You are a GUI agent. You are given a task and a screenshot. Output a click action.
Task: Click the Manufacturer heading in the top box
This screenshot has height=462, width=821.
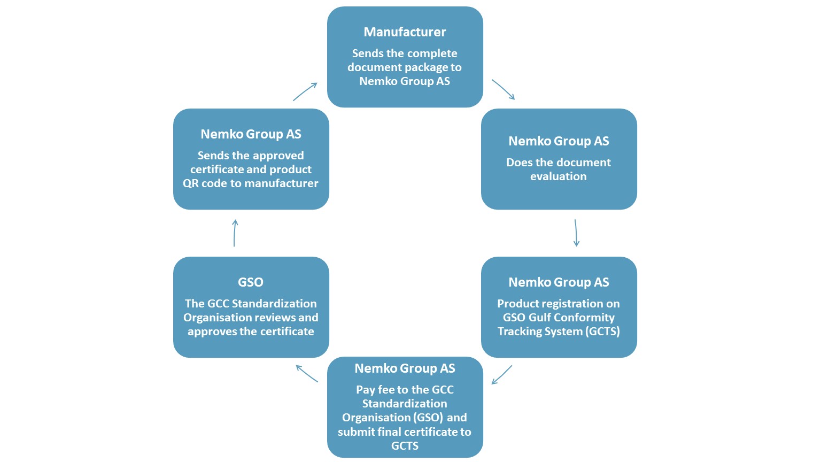[405, 32]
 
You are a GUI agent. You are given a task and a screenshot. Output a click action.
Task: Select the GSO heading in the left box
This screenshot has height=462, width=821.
[251, 282]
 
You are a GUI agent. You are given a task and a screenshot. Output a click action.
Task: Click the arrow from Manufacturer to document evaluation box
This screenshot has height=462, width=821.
[504, 89]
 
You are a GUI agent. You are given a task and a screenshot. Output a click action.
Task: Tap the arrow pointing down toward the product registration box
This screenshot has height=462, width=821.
[576, 233]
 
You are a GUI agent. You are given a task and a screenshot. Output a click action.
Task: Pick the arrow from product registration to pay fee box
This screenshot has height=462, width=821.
[502, 375]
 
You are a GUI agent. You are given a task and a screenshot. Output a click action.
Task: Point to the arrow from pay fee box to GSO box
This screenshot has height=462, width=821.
[307, 374]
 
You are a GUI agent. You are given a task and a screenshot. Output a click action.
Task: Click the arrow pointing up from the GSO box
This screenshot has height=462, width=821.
[235, 233]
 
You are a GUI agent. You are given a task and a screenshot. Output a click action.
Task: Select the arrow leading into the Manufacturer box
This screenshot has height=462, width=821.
[305, 91]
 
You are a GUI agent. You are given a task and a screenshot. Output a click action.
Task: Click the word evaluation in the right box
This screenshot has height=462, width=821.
[558, 176]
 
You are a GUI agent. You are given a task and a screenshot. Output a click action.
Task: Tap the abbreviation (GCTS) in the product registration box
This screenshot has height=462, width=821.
[603, 332]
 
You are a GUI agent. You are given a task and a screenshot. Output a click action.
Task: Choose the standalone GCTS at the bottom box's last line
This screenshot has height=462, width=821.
[405, 446]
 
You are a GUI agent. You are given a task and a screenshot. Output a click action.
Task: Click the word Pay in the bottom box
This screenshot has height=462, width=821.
[366, 390]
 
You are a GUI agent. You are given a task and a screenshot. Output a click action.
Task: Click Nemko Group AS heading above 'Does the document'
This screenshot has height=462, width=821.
[559, 141]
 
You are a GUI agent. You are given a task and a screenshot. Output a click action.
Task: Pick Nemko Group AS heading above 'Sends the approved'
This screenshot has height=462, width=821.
[251, 134]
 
